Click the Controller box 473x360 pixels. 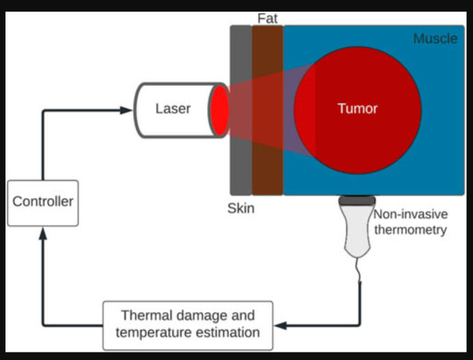[43, 202]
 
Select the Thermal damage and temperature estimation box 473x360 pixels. [187, 324]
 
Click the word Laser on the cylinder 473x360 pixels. [173, 108]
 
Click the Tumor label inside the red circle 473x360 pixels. [357, 108]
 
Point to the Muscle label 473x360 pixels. [435, 39]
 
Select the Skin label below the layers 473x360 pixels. [241, 208]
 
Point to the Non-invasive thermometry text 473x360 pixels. [410, 222]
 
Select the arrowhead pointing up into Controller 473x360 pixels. [43, 234]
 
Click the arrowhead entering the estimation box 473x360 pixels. [280, 324]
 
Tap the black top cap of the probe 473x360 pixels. [356, 201]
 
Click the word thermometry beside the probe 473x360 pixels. [410, 230]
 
